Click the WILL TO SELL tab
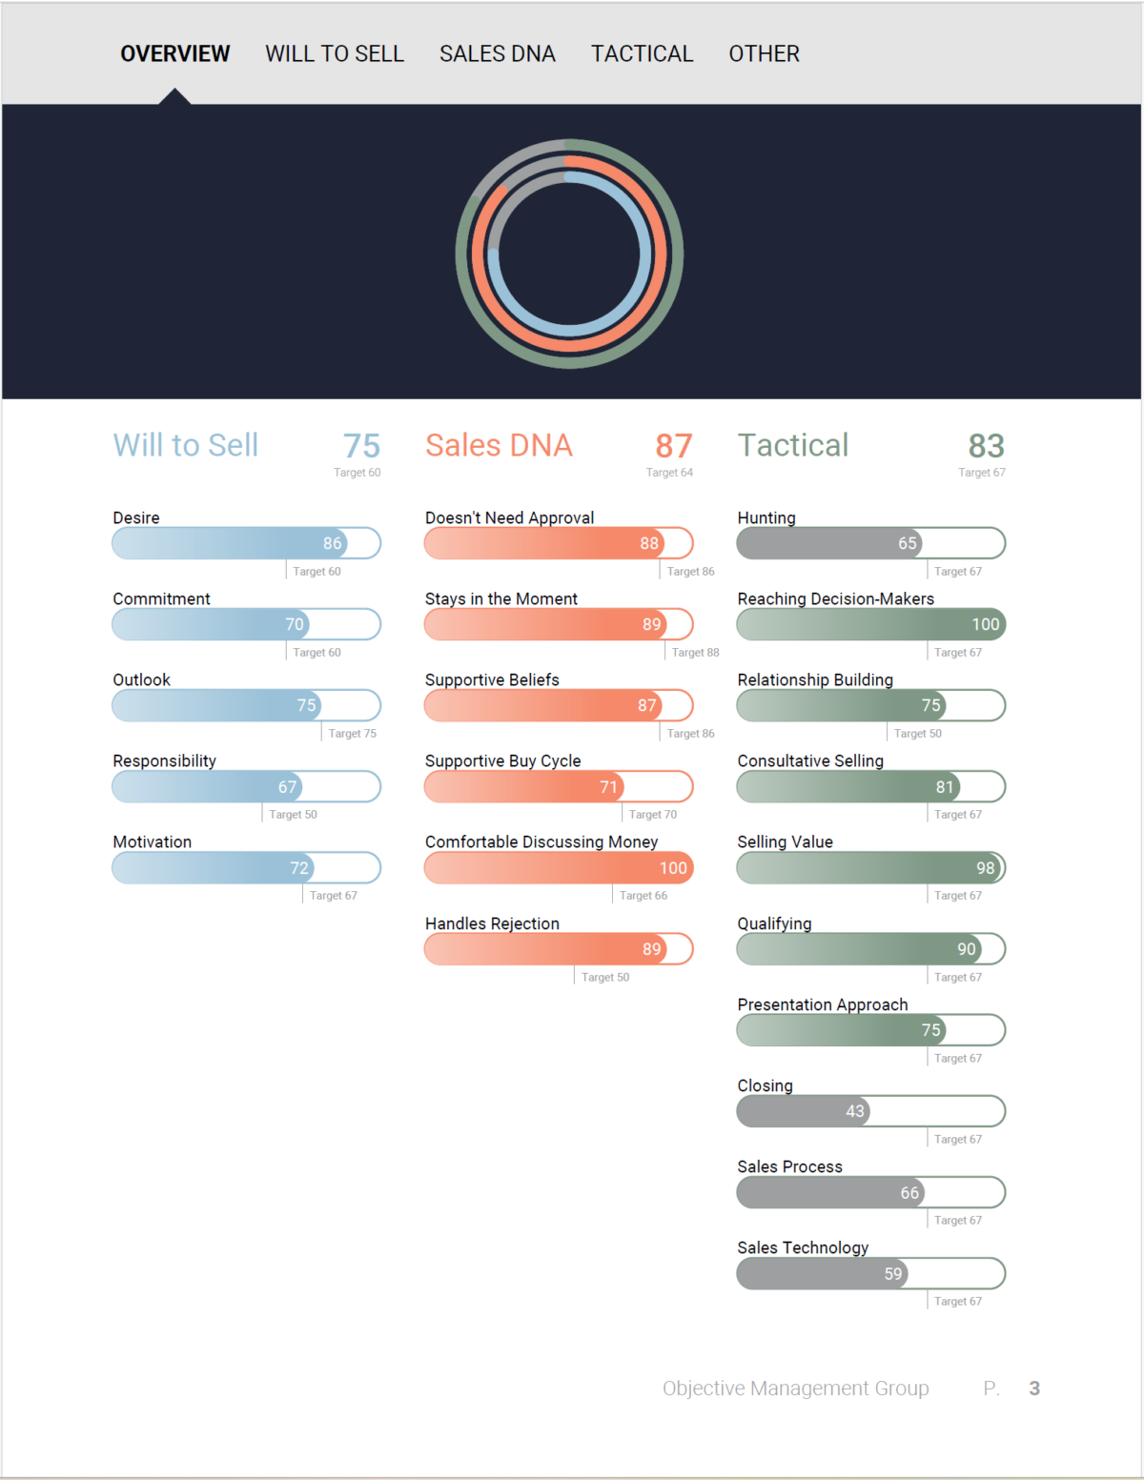pos(335,54)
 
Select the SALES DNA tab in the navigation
pos(497,54)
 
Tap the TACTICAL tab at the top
pos(642,54)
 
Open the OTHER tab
pos(764,54)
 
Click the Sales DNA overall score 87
pos(673,446)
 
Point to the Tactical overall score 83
pos(986,446)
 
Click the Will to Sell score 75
pos(361,446)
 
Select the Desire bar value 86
pos(332,543)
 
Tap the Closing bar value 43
pos(855,1111)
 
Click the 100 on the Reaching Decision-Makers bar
pos(985,624)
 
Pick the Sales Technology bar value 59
pos(893,1274)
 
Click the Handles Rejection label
pos(492,923)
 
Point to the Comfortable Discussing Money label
pos(541,842)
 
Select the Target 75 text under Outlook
pos(352,734)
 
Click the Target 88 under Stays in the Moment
pos(695,653)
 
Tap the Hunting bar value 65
pos(907,543)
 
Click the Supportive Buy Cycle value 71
pos(608,787)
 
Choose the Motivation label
pos(152,842)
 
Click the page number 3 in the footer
pos(1034,1389)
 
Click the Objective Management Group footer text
pos(795,1389)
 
